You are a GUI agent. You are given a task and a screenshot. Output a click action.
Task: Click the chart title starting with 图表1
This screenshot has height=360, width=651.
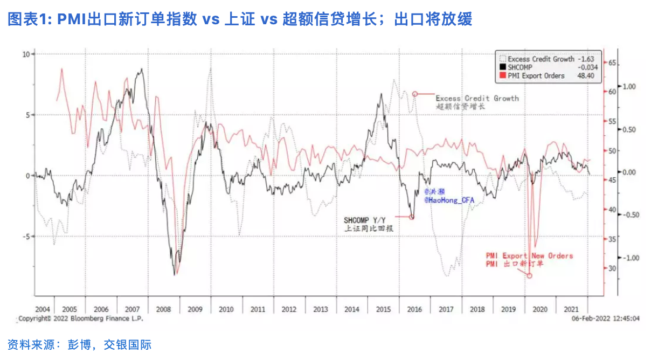pos(240,20)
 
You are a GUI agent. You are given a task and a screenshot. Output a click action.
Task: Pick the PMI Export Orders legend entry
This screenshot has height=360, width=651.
pos(536,76)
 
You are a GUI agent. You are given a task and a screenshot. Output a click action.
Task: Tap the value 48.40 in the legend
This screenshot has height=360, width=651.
pos(586,76)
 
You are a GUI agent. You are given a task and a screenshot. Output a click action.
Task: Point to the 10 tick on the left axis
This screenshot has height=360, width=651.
pos(25,54)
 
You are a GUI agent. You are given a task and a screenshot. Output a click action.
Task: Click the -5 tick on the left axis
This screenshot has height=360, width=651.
pos(25,236)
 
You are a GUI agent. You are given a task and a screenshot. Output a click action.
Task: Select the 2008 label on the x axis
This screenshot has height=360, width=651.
pos(164,309)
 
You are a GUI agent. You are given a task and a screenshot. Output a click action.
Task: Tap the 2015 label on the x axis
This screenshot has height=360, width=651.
pos(383,309)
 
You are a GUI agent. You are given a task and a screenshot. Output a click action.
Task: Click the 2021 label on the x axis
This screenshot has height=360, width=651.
pos(571,309)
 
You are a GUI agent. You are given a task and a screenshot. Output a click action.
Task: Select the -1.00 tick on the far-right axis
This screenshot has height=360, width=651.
pos(630,258)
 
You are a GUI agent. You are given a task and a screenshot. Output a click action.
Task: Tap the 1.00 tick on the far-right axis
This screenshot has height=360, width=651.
pos(630,86)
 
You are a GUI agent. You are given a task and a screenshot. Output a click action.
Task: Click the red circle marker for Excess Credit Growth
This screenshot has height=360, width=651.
pos(415,94)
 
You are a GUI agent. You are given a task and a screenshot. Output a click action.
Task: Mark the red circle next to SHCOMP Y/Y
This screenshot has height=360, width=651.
pos(412,217)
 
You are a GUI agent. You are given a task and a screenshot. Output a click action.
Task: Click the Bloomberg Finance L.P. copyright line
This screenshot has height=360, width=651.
pos(81,319)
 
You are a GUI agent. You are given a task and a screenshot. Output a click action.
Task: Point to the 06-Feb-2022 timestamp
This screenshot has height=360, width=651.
pos(606,319)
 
